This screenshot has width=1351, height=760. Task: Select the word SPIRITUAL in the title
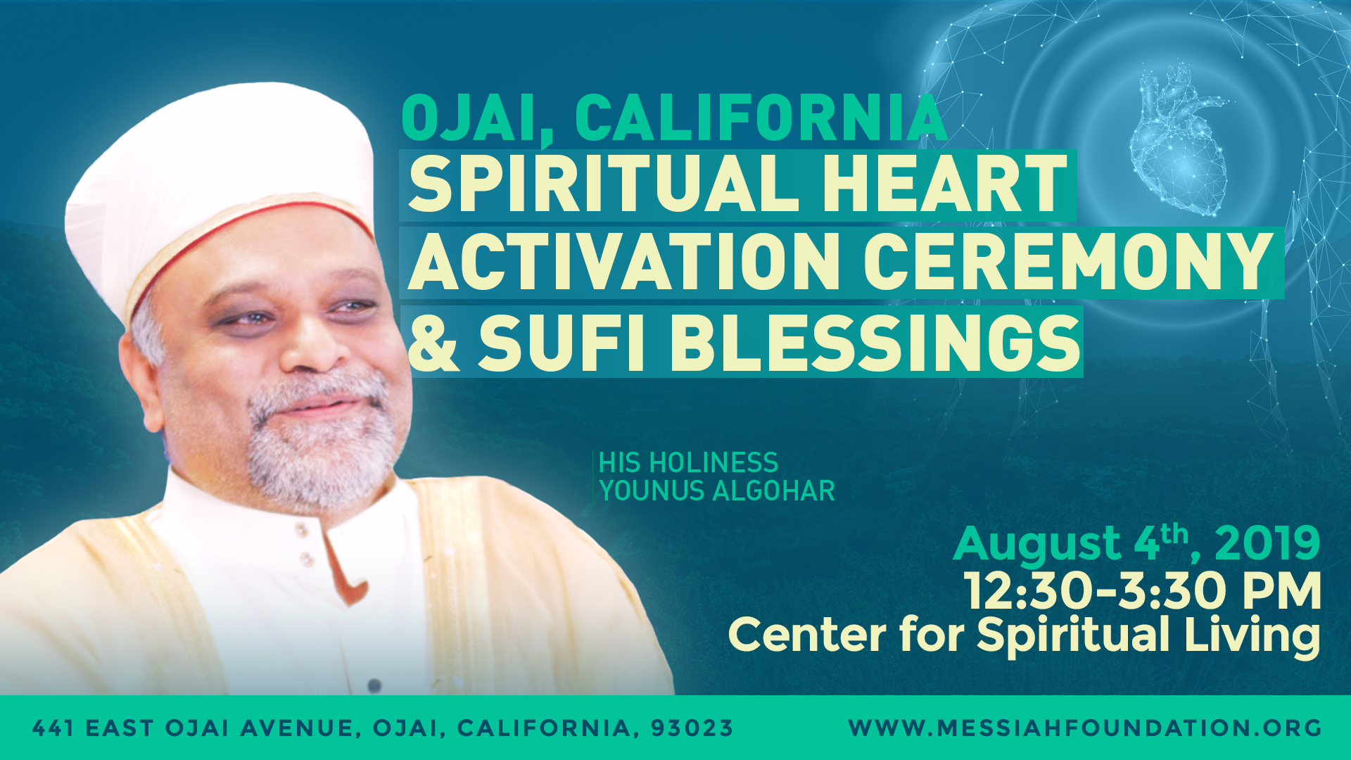[x=604, y=184]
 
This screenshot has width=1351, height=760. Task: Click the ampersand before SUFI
[x=433, y=342]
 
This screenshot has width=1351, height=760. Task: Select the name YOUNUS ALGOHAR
[x=717, y=490]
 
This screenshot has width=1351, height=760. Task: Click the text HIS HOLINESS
[x=688, y=463]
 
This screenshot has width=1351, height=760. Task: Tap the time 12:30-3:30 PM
[x=1142, y=590]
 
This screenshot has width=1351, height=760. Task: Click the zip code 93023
[x=692, y=728]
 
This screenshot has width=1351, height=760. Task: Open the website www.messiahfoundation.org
[x=1085, y=728]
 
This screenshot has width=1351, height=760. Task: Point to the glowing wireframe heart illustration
[x=1179, y=141]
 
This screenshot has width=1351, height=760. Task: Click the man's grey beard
[x=320, y=443]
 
